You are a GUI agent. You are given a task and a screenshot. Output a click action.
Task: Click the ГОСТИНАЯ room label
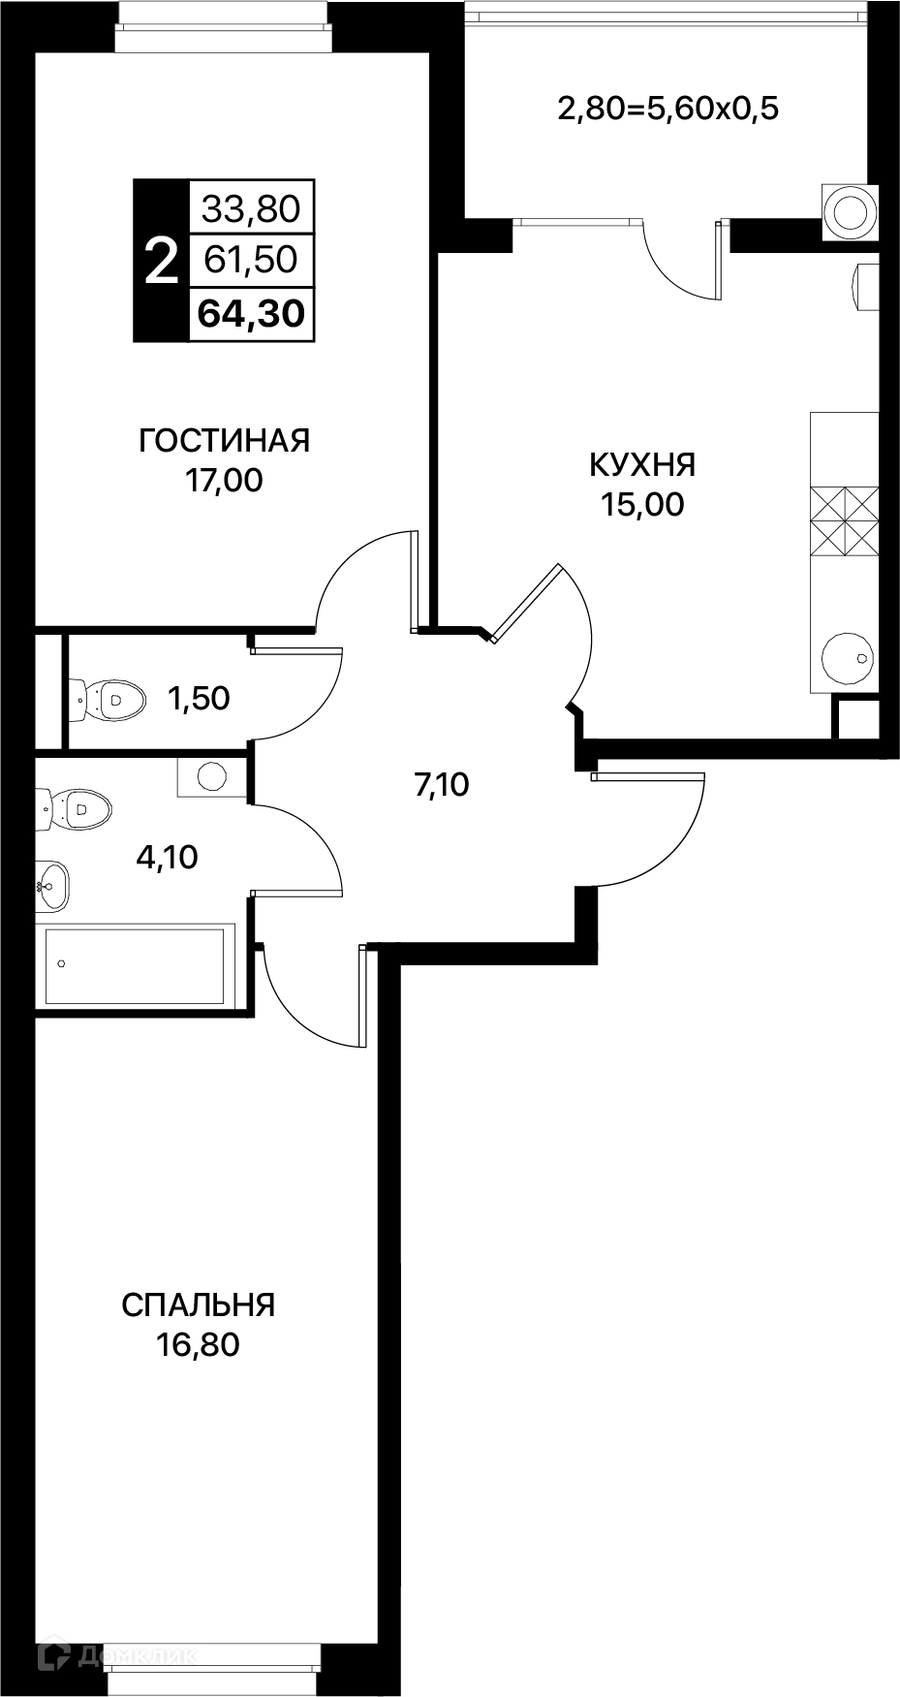225,441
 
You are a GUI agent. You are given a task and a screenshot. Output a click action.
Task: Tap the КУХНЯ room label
642,465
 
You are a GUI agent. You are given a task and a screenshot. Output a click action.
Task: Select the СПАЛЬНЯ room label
199,1305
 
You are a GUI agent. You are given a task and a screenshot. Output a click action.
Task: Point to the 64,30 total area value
252,313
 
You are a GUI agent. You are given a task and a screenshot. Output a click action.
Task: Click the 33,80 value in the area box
252,207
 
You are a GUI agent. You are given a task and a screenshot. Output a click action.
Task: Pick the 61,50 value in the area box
252,260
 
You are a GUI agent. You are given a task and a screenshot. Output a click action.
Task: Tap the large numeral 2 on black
161,262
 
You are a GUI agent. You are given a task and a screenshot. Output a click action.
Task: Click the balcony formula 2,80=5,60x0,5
668,109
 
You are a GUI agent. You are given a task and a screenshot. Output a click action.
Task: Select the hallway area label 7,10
442,784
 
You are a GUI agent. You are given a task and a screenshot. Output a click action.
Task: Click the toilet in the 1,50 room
108,698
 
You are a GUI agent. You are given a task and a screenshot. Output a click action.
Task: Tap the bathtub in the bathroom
136,965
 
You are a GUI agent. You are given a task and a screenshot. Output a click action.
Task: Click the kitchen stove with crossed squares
844,521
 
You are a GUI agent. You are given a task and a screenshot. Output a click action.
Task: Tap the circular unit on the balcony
851,211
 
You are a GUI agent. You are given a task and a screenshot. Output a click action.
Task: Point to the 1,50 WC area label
199,698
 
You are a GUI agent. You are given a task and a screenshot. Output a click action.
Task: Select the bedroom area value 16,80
199,1345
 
